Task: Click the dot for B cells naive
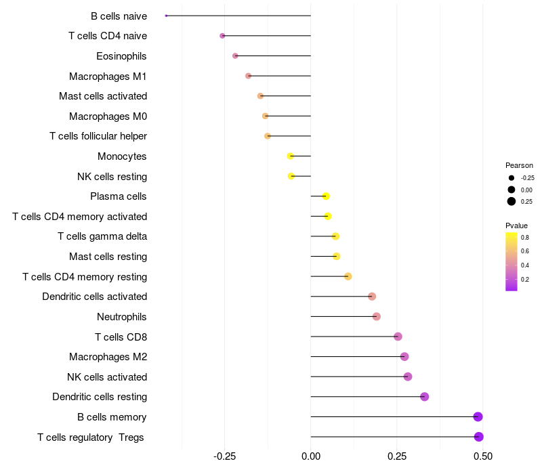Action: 166,16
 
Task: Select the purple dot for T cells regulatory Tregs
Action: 479,437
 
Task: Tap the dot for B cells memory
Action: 478,416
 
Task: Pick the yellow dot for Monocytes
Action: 291,156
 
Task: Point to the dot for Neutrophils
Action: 377,316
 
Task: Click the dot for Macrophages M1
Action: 248,76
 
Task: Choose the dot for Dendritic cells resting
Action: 425,397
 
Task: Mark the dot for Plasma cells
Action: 326,196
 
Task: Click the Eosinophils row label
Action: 121,56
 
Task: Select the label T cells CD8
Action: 121,337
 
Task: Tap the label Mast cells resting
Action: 108,257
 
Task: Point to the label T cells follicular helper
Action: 98,136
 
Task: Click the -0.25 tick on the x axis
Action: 225,456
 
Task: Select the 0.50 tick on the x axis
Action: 483,456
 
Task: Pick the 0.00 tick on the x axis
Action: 311,456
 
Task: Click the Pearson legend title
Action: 519,165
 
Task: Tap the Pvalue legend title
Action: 516,225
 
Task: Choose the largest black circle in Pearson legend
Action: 512,201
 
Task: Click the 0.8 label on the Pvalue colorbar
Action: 525,238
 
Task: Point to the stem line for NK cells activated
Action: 359,376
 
